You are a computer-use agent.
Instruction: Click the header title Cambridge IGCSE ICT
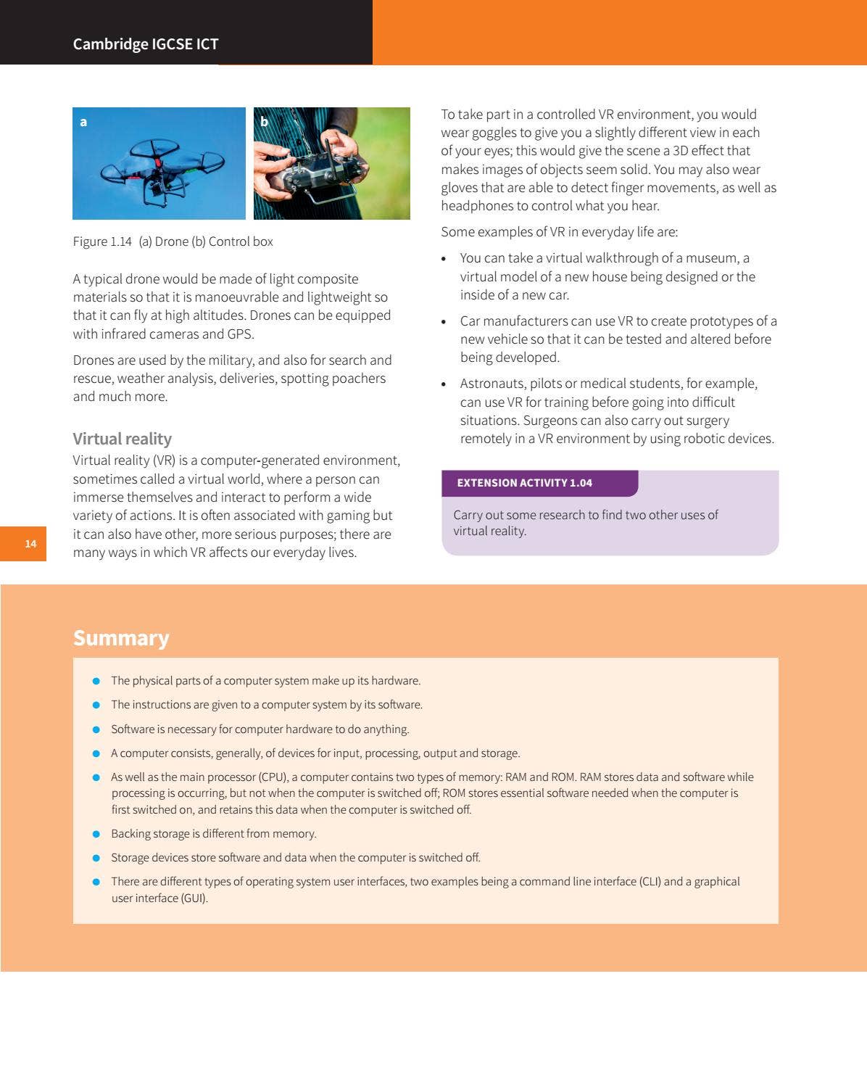pos(145,44)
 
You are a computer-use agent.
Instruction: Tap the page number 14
pos(30,544)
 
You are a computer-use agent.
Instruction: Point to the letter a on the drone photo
pos(83,122)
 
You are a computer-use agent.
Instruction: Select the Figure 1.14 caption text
pos(173,241)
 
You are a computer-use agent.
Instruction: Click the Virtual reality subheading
pos(122,439)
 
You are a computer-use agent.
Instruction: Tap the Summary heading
pos(120,638)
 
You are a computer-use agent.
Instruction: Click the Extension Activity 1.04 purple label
pos(524,483)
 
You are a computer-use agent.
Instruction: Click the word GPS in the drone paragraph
pos(241,334)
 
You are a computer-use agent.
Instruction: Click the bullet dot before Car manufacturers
pos(444,322)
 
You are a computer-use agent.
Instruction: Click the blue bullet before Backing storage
pos(96,834)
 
